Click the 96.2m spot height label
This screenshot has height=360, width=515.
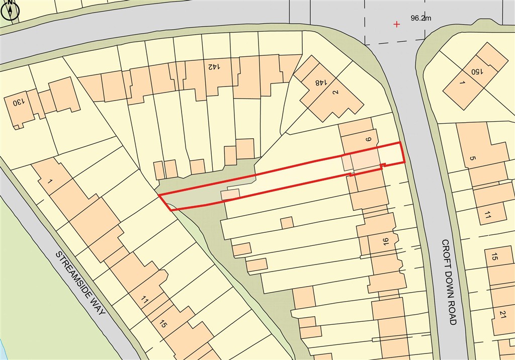point(421,19)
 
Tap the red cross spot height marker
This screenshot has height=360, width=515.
point(397,24)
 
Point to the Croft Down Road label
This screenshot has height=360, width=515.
point(449,282)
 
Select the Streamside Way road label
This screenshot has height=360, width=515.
point(82,283)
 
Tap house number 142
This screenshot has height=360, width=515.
point(213,66)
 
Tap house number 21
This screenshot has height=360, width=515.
point(502,314)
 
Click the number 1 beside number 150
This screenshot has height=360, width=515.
point(462,82)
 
